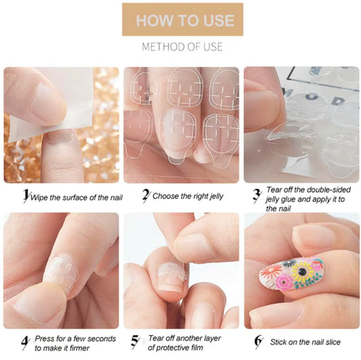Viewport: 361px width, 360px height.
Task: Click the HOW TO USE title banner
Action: [x=183, y=20]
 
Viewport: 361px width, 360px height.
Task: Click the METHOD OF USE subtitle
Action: [x=182, y=47]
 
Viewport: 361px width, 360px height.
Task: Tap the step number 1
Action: [x=26, y=196]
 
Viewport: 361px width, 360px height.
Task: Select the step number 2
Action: [x=146, y=196]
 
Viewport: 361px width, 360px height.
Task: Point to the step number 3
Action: [x=257, y=196]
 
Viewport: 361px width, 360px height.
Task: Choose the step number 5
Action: [x=135, y=342]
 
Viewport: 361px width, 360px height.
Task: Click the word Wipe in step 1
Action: [x=39, y=198]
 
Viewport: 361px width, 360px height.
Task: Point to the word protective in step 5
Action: [x=175, y=348]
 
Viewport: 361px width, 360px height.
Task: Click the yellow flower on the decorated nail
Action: [x=302, y=271]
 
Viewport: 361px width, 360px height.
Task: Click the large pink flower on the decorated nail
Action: [x=284, y=282]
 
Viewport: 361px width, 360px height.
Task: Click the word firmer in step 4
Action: [x=79, y=348]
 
